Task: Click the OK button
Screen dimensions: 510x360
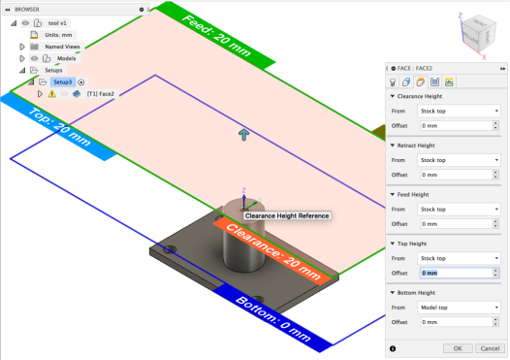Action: [458, 348]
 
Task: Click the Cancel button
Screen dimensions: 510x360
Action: [490, 348]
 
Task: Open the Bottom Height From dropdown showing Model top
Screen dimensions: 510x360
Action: [459, 308]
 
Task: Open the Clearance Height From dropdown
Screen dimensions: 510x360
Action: [459, 111]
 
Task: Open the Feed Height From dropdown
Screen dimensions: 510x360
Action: [459, 209]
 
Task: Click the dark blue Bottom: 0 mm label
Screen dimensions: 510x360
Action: [273, 318]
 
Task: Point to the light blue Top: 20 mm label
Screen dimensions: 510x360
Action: [59, 126]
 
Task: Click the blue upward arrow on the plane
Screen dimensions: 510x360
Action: [243, 134]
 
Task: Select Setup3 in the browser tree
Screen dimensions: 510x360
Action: [62, 82]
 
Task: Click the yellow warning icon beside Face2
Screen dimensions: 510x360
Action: [51, 94]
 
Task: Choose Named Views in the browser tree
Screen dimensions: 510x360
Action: [62, 47]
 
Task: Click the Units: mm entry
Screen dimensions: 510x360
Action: [58, 35]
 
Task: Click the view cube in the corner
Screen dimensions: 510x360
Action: [479, 34]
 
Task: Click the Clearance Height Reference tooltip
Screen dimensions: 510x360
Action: [287, 215]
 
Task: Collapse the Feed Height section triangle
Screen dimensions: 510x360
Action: [393, 194]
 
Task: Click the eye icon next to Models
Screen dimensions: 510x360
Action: [34, 58]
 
